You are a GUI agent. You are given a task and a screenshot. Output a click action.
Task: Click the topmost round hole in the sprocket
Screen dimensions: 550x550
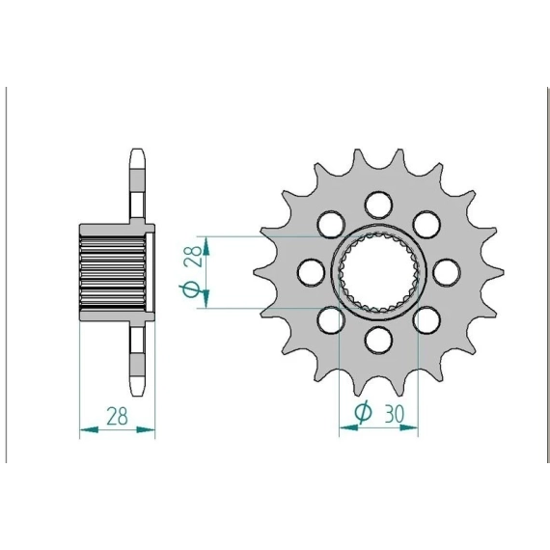click(378, 205)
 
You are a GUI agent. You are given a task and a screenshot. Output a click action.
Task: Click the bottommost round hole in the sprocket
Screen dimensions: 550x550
click(378, 340)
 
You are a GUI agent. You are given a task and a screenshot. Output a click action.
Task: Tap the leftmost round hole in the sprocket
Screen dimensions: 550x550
click(311, 272)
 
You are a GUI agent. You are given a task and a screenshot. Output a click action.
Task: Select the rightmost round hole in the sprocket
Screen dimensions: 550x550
click(446, 272)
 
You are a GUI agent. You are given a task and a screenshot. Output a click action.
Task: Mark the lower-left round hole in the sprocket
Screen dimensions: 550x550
click(331, 320)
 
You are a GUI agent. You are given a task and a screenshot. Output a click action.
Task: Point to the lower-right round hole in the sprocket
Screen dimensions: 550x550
click(426, 320)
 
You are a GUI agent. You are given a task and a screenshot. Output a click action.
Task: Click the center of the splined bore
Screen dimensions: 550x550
click(378, 272)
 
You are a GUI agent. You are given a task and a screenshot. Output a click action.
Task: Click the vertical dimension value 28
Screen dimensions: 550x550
click(195, 256)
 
